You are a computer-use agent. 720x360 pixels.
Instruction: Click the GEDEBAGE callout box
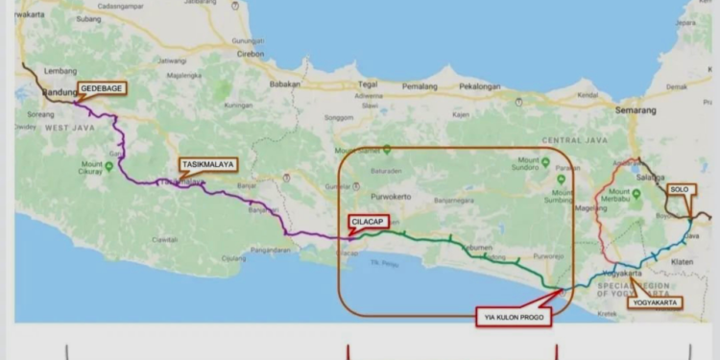click(x=101, y=88)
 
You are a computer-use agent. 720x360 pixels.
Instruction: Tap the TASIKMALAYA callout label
click(x=206, y=164)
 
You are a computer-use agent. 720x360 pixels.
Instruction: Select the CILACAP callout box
click(x=369, y=221)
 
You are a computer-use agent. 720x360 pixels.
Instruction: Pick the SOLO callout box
click(x=680, y=190)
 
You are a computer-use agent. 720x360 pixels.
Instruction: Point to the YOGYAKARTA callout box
click(x=657, y=303)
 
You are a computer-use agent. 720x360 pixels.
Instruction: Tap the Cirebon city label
click(x=250, y=54)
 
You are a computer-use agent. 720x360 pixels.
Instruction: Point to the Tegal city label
click(x=369, y=84)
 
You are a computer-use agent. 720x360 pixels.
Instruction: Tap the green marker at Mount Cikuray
click(x=108, y=166)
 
